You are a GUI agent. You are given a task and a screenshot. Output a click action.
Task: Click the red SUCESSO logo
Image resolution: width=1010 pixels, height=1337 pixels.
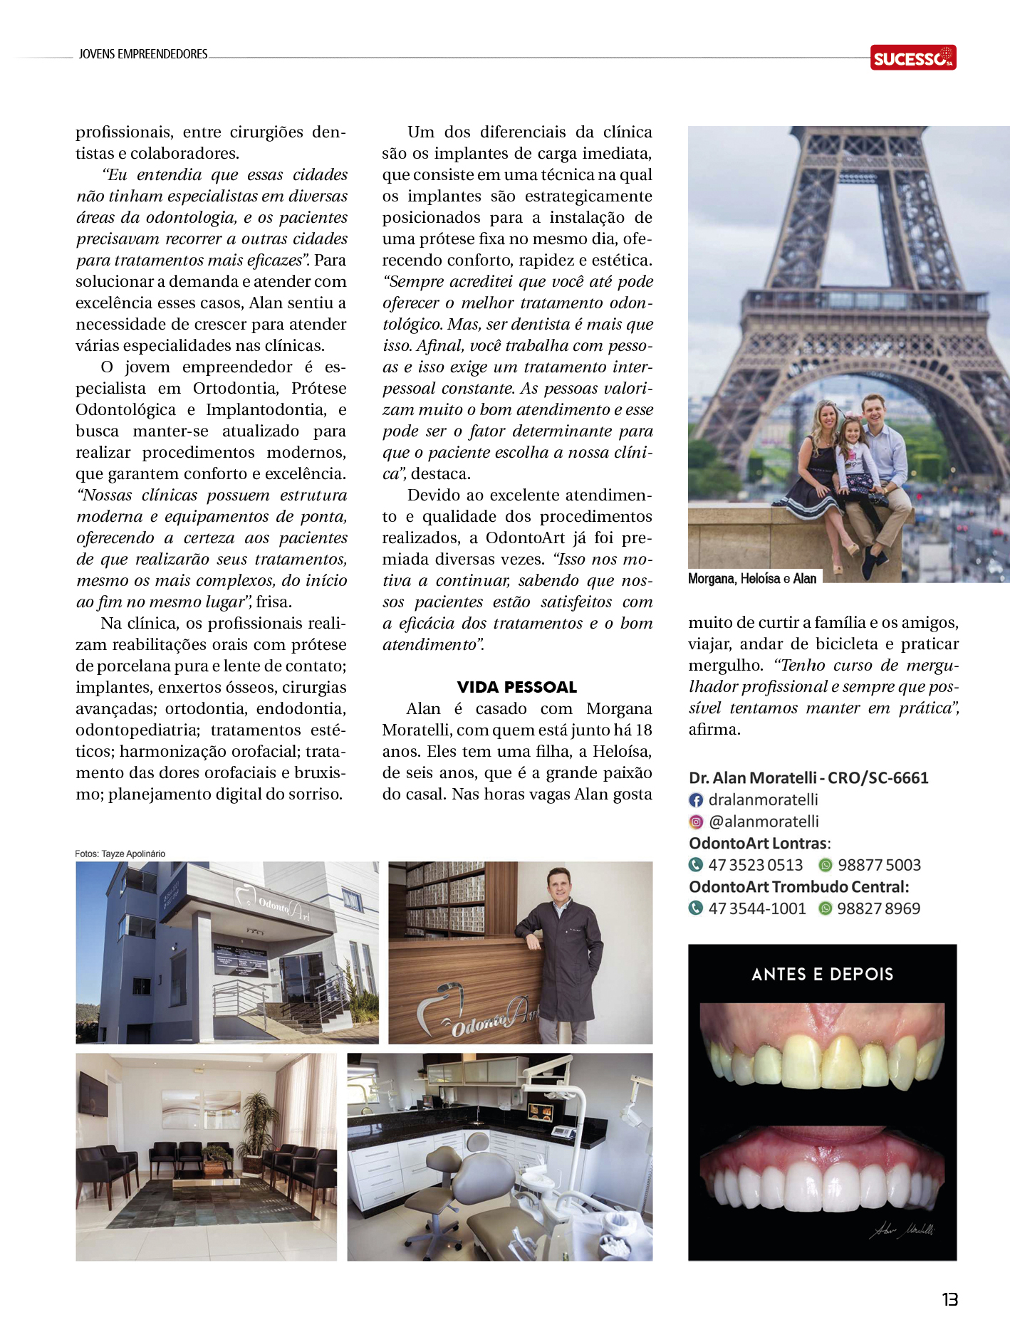coord(912,57)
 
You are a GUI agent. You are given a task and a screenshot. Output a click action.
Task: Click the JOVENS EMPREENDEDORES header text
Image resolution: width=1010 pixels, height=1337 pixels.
coord(143,54)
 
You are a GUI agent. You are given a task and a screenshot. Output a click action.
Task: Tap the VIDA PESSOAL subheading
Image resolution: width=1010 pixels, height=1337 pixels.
coord(516,687)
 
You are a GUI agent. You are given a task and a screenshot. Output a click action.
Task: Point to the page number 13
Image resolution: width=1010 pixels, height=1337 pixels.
coord(949,1299)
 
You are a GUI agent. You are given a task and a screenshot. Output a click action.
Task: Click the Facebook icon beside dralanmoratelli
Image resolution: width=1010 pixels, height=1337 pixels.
coord(696,800)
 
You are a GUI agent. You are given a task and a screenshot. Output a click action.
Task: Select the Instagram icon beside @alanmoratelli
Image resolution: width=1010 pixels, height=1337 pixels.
coord(696,822)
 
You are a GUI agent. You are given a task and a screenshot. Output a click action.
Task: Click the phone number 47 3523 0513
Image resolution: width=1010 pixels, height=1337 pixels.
coord(755,865)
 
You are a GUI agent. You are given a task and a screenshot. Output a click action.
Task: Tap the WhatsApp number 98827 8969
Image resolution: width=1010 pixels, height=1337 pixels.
coord(878,908)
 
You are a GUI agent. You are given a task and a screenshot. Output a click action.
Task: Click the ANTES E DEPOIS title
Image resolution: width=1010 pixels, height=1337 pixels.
coord(822,974)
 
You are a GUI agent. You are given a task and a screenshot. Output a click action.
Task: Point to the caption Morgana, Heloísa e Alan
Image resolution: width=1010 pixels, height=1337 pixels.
coord(752,579)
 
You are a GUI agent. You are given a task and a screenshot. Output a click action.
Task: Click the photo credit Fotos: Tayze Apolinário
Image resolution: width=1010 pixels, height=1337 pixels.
coord(120,854)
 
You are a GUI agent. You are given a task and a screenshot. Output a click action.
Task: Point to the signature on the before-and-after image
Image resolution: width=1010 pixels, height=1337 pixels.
coord(901,1230)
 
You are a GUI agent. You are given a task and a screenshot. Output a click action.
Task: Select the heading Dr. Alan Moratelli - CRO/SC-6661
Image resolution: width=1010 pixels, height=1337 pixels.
coord(808,778)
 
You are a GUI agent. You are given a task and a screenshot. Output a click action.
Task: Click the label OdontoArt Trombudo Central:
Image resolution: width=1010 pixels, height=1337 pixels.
coord(798,887)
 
